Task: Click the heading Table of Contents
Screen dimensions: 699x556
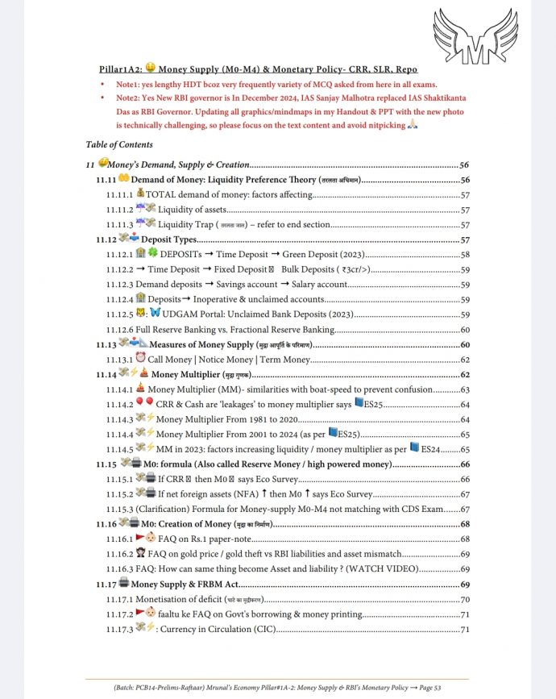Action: (x=118, y=144)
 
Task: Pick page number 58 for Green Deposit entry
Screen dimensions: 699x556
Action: (x=465, y=254)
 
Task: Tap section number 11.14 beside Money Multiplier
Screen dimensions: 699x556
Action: (x=106, y=374)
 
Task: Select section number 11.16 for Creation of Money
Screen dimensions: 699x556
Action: (x=106, y=524)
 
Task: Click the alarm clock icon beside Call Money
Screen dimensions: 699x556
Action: (x=141, y=359)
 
